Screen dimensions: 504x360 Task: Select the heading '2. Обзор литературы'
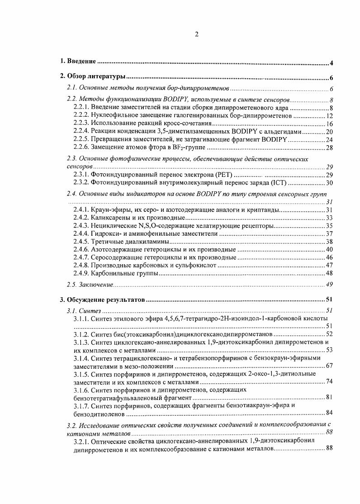coord(93,77)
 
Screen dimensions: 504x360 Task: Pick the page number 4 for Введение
coord(332,63)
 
